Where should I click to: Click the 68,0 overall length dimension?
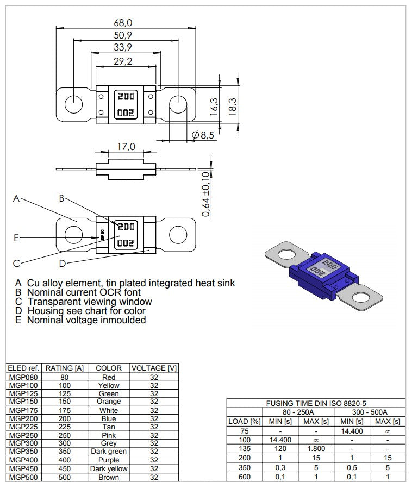click(123, 22)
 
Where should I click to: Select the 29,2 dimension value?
click(123, 61)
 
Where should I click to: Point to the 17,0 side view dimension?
click(126, 147)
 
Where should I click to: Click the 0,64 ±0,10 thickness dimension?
click(206, 195)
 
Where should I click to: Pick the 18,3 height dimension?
click(232, 105)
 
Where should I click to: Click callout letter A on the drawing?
click(16, 199)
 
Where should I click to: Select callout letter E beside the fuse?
click(16, 237)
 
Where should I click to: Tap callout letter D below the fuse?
click(63, 263)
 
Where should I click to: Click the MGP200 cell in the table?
click(22, 419)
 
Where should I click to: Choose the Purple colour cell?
click(109, 460)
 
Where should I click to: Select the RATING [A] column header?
click(64, 368)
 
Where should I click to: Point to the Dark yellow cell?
click(109, 468)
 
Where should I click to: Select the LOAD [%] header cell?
click(245, 421)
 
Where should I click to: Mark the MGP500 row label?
click(22, 477)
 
